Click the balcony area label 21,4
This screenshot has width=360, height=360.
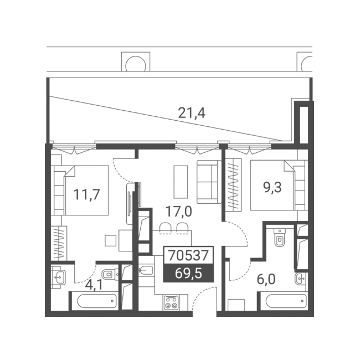click(x=192, y=113)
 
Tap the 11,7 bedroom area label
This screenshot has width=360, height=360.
click(x=86, y=194)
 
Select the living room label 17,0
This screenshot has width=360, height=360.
click(x=178, y=212)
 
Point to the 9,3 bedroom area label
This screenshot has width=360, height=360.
click(x=272, y=188)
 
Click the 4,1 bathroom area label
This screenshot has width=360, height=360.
click(x=94, y=285)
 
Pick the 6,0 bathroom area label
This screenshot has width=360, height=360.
click(x=266, y=279)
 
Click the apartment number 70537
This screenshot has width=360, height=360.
click(x=188, y=255)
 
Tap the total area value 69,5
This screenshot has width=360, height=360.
click(x=188, y=274)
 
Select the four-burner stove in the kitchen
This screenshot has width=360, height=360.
click(x=172, y=303)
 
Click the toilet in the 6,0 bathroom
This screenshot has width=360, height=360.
click(x=279, y=238)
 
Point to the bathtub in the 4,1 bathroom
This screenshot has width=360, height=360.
click(x=97, y=301)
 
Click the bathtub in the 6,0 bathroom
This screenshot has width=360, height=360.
click(x=286, y=301)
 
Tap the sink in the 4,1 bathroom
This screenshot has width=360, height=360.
click(x=58, y=277)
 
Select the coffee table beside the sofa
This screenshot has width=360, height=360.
click(x=181, y=182)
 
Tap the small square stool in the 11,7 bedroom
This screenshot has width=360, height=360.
click(x=111, y=240)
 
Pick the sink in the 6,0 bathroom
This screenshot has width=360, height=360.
click(x=301, y=279)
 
